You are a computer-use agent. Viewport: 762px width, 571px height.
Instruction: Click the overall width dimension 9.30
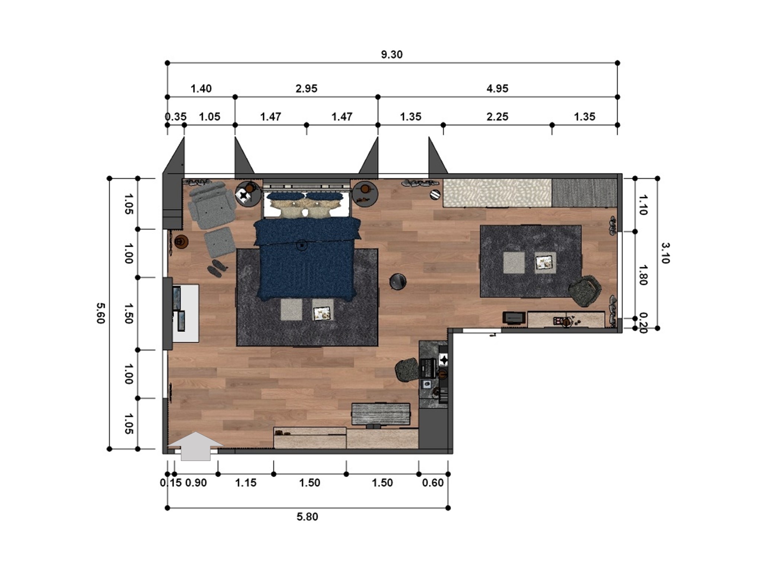[391, 55]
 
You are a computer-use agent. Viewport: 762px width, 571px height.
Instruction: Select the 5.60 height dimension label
[101, 313]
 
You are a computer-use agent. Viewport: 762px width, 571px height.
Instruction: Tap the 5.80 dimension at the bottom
[307, 517]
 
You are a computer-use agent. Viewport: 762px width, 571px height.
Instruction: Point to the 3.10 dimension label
[665, 253]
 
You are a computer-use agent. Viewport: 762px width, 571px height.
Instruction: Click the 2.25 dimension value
[497, 117]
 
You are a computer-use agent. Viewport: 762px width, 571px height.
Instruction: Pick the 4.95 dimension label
[497, 88]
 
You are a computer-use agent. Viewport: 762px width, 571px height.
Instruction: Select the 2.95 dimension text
[306, 88]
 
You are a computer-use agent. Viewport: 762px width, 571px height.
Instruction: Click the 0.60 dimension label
[433, 483]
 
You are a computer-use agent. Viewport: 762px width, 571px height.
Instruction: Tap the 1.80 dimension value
[643, 275]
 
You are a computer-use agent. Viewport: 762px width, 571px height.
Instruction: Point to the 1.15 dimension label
[246, 483]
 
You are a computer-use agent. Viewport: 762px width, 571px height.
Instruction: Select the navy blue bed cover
[306, 260]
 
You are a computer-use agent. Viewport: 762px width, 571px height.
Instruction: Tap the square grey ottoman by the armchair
[220, 242]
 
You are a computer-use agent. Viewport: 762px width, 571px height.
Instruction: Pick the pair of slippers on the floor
[218, 268]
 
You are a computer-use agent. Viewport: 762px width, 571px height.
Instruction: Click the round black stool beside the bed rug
[397, 281]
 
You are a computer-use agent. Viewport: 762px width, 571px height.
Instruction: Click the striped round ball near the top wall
[435, 194]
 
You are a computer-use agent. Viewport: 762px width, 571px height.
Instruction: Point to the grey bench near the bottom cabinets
[381, 414]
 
